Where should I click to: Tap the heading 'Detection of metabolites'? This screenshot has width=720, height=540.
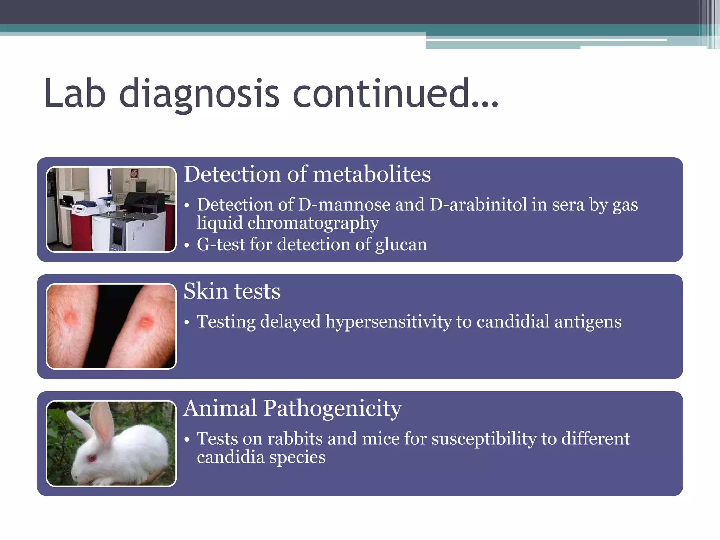click(x=307, y=174)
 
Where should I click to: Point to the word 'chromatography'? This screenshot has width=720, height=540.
click(x=313, y=224)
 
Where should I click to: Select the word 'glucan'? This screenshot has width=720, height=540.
click(x=401, y=245)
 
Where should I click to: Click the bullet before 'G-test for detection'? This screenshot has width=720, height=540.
click(x=187, y=245)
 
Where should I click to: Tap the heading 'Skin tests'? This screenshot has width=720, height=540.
click(x=232, y=291)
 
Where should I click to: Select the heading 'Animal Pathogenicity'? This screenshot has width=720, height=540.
click(x=292, y=409)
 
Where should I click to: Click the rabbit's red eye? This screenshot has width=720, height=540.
click(x=92, y=458)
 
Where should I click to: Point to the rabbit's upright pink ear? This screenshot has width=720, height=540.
click(x=103, y=422)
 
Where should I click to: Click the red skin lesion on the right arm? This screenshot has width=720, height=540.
click(x=145, y=322)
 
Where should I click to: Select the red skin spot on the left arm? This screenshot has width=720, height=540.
click(x=70, y=317)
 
